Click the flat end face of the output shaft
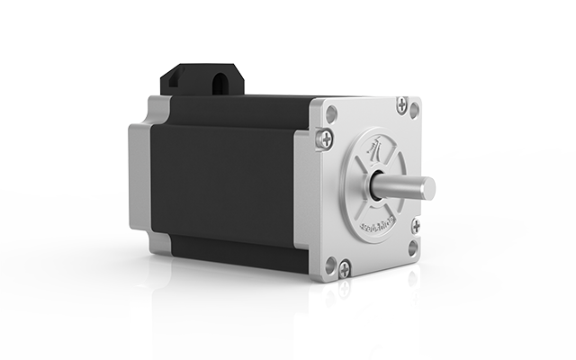pos(428,188)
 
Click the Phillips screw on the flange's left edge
pos(323,139)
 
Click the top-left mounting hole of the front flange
pos(332,113)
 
